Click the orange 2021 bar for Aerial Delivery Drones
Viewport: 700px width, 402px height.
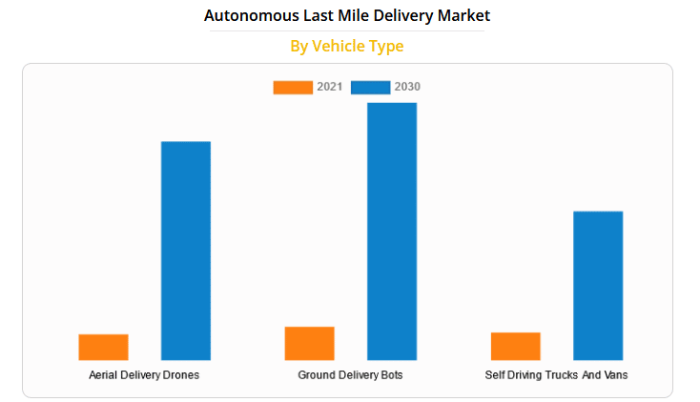(x=103, y=347)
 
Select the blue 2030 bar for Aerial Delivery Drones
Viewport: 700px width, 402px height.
(x=185, y=251)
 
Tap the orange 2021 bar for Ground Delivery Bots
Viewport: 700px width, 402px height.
(x=309, y=343)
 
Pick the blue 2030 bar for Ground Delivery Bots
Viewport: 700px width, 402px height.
(x=392, y=231)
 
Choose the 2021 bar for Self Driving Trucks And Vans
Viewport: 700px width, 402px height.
(x=515, y=346)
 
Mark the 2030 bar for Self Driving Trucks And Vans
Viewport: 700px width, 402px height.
(x=598, y=286)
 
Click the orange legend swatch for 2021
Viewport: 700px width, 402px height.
(x=293, y=87)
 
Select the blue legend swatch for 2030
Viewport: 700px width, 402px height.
(x=370, y=87)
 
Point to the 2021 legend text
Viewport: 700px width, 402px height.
(x=330, y=87)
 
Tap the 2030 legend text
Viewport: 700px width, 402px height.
(x=407, y=87)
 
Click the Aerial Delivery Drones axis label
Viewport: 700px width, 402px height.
(x=144, y=375)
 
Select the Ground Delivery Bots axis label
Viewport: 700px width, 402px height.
(x=350, y=375)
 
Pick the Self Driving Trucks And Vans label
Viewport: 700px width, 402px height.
(x=556, y=375)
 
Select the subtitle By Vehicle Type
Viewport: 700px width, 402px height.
(x=347, y=46)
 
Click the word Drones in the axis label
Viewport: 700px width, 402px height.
(x=181, y=375)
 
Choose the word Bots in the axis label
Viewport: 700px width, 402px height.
(x=391, y=375)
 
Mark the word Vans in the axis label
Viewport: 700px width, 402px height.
(x=615, y=375)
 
